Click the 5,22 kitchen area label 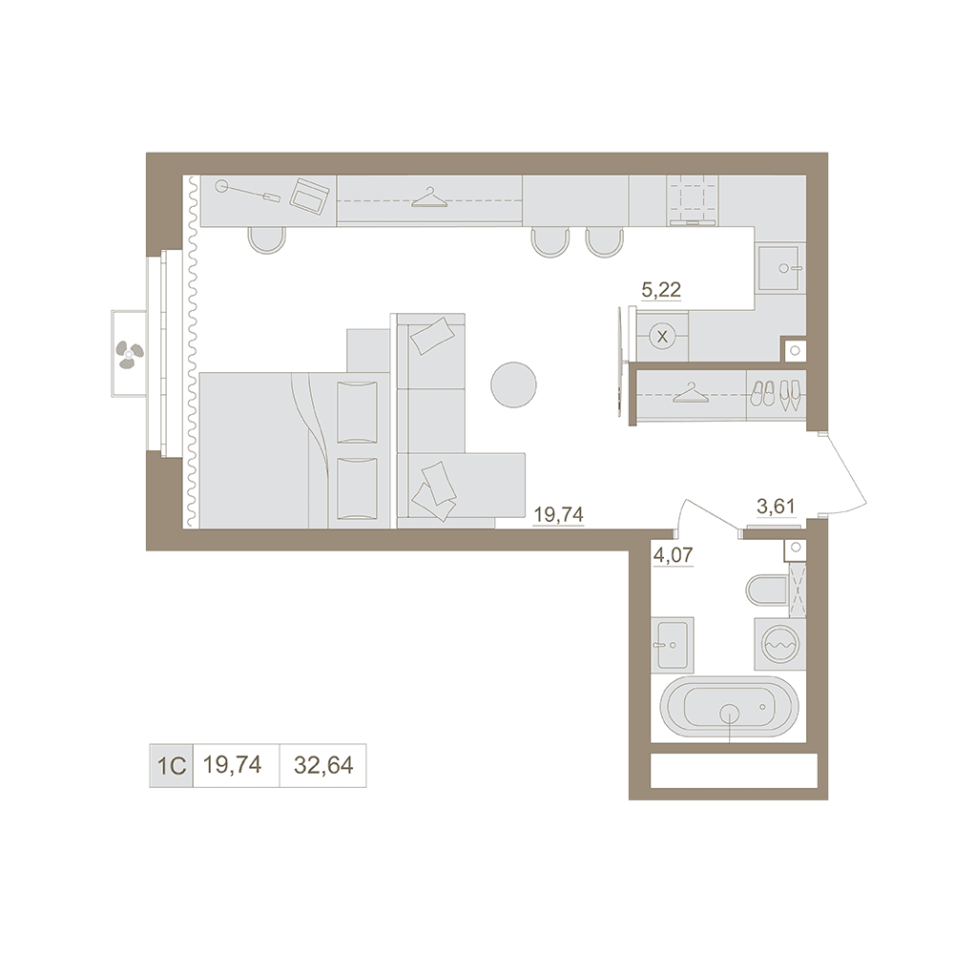[x=661, y=290]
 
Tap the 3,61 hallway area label [x=776, y=507]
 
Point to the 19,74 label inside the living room [x=558, y=515]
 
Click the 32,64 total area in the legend [x=323, y=765]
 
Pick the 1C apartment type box [x=172, y=765]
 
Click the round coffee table [x=513, y=384]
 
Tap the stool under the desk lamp [x=266, y=239]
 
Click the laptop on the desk [x=310, y=196]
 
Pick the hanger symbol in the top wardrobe [x=429, y=197]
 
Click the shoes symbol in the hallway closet [x=777, y=394]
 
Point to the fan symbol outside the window [x=130, y=354]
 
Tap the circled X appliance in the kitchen [x=663, y=336]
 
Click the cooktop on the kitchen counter [x=693, y=199]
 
